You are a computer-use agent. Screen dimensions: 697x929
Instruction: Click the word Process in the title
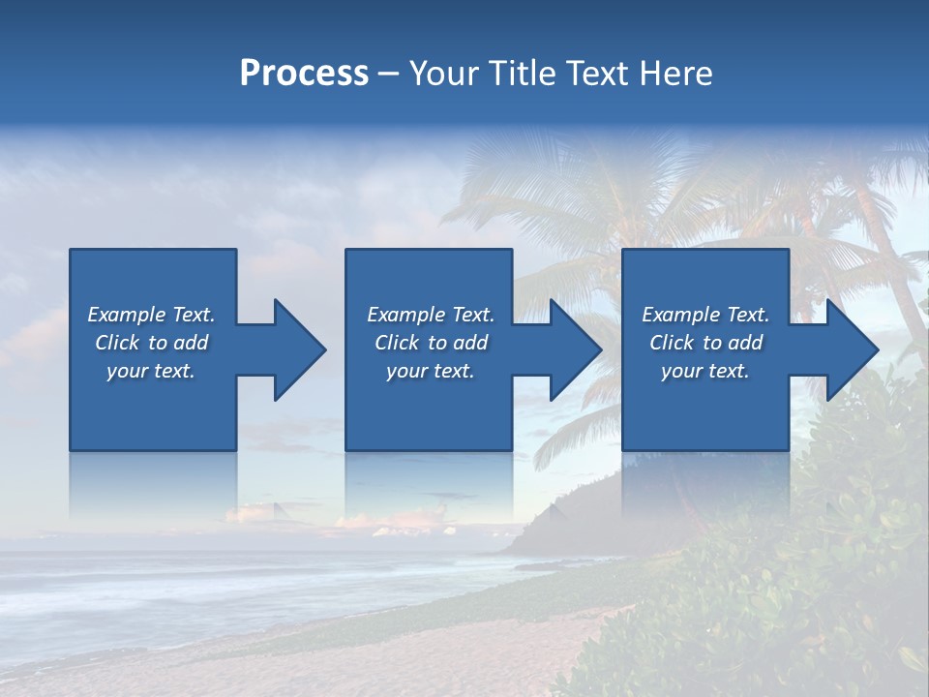click(x=304, y=74)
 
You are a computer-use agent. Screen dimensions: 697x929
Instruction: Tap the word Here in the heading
click(x=678, y=74)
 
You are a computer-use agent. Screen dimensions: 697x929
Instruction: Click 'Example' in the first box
click(x=126, y=315)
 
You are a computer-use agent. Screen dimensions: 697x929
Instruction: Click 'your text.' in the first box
click(x=151, y=371)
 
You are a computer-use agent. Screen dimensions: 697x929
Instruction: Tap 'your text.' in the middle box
click(x=430, y=371)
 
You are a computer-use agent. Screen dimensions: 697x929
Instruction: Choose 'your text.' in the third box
click(x=704, y=371)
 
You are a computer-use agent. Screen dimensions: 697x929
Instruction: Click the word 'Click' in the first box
click(x=118, y=343)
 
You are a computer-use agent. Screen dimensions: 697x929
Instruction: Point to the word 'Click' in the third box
click(x=673, y=343)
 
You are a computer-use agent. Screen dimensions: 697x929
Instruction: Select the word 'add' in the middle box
click(x=470, y=343)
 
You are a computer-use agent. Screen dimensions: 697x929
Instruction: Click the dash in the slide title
click(x=388, y=74)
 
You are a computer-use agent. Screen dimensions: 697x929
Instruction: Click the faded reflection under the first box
click(x=153, y=484)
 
